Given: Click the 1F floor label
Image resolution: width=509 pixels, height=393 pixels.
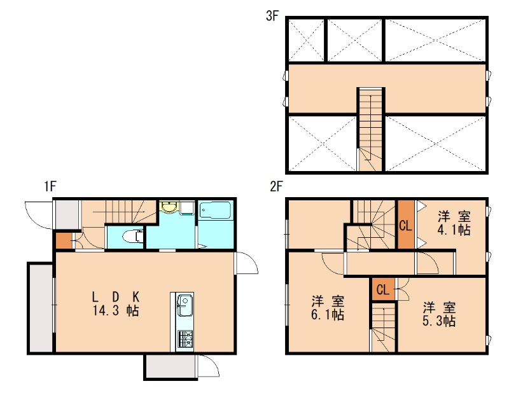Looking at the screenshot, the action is [x=50, y=186].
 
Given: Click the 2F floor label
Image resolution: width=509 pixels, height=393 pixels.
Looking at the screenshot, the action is [x=276, y=186].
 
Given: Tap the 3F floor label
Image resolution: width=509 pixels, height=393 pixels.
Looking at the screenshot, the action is [x=272, y=15].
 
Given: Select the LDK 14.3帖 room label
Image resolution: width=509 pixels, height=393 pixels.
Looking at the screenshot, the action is [x=116, y=303].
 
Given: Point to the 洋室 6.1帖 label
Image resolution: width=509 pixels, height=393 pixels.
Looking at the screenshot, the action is [x=328, y=308].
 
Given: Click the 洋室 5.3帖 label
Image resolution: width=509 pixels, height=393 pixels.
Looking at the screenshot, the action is [x=439, y=314].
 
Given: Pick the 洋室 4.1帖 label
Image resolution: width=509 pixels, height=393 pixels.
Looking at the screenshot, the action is [x=454, y=223].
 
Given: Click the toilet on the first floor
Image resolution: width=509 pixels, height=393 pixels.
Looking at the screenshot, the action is [x=134, y=237].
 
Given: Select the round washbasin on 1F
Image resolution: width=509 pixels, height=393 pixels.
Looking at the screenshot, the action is [x=169, y=207].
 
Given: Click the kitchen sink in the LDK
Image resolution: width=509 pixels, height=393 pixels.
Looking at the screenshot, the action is [x=185, y=305].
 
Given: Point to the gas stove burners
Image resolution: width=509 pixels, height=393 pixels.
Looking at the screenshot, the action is [x=185, y=340].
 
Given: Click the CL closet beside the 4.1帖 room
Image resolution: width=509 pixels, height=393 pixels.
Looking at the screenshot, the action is [x=406, y=224].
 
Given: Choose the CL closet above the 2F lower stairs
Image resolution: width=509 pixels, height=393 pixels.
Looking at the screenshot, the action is [x=384, y=289].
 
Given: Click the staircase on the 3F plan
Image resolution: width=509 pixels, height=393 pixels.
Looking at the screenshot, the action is [x=371, y=129].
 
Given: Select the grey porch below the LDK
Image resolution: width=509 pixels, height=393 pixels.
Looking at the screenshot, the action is [x=171, y=366].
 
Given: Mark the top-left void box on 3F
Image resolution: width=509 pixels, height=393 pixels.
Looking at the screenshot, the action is [x=306, y=40].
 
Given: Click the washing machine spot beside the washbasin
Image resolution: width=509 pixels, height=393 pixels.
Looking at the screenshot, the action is [x=188, y=208].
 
